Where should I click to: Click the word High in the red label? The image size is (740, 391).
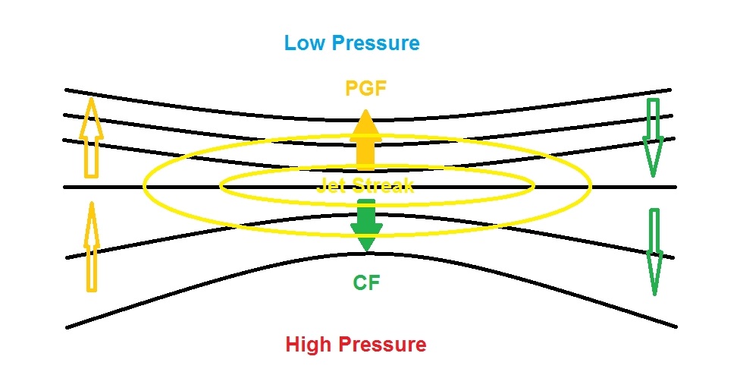309,345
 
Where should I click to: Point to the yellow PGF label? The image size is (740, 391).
365,88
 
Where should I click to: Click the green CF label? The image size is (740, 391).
365,284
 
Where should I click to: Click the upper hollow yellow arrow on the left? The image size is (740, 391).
91,140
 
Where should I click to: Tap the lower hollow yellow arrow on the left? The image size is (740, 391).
91,251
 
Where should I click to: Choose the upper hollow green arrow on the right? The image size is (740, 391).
652,137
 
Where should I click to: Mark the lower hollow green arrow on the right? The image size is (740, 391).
654,251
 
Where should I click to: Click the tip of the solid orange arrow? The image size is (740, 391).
365,112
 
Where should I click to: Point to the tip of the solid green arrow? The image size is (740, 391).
366,250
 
